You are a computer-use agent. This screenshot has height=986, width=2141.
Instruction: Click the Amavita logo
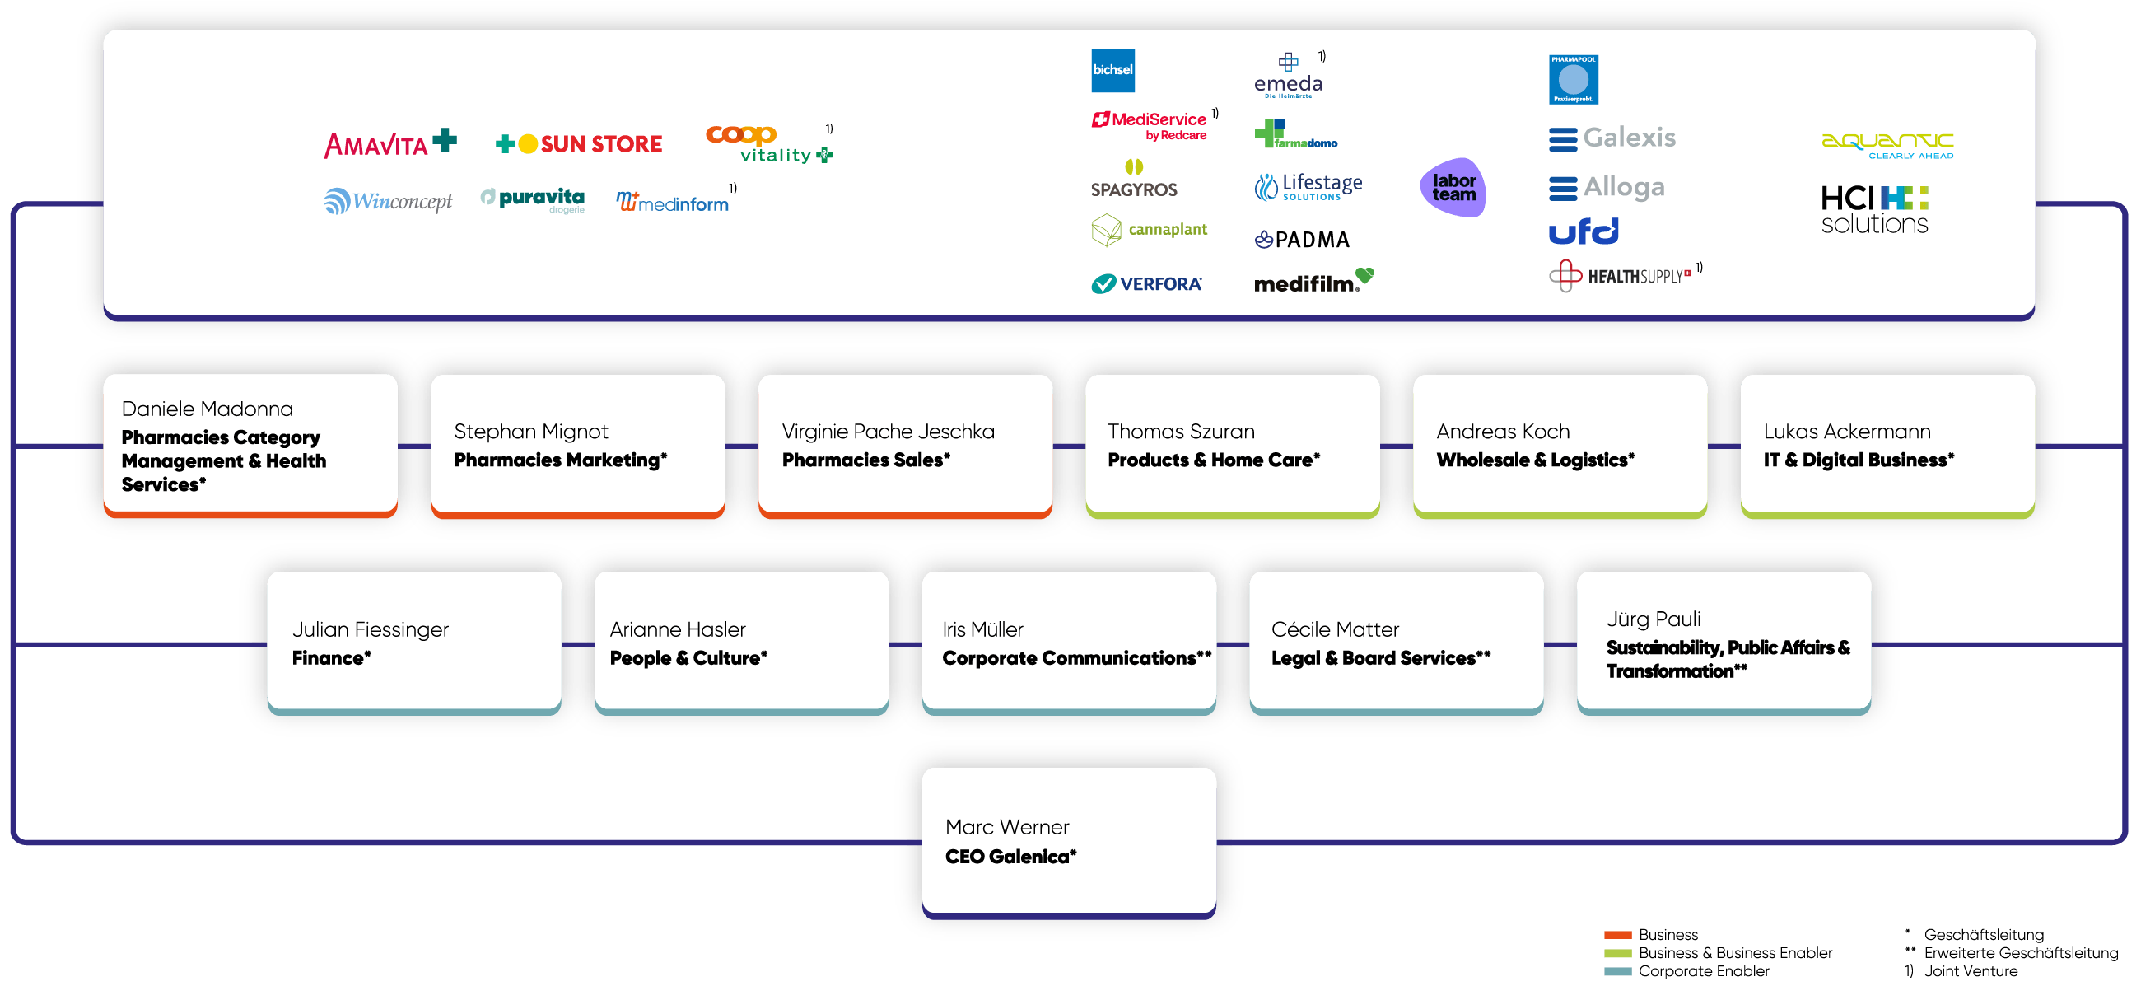coord(389,144)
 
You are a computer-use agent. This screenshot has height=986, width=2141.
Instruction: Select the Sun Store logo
coord(578,144)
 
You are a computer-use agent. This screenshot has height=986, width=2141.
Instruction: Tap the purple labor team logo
coord(1453,187)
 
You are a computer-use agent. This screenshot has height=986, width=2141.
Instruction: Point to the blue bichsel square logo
coord(1112,70)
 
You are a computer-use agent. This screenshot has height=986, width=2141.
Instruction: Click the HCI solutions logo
coord(1875,209)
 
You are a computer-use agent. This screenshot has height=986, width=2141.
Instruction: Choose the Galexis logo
coord(1612,138)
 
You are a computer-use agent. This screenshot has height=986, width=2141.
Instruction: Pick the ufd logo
coord(1584,231)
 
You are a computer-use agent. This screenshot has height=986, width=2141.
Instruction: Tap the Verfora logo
coord(1146,284)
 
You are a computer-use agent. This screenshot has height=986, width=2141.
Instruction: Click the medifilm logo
coord(1313,281)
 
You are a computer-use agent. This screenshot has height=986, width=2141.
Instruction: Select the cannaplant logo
coord(1149,230)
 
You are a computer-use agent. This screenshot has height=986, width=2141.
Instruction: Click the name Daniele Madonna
coord(207,409)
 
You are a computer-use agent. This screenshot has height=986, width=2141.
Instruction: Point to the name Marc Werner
coord(1006,827)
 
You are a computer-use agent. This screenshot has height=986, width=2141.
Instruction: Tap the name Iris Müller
coord(982,629)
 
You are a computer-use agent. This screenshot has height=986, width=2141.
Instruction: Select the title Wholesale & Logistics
coord(1535,460)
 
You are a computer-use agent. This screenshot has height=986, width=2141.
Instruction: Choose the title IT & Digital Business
coord(1859,460)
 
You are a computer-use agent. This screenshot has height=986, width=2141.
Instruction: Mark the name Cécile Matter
coord(1335,629)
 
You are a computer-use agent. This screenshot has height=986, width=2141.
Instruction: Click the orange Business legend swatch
coord(1617,935)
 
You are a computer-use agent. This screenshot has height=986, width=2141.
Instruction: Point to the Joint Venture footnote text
coord(1971,971)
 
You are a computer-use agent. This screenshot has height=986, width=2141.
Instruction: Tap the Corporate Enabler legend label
coord(1704,971)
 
